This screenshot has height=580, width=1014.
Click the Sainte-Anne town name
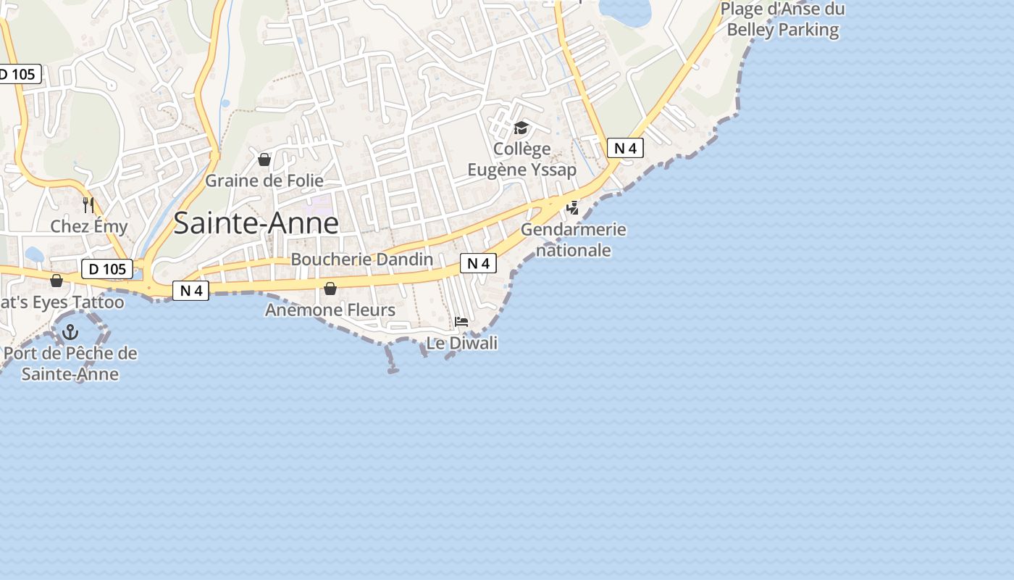(x=256, y=223)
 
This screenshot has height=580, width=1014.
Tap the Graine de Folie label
(x=264, y=181)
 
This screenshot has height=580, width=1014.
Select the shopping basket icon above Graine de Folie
(x=264, y=159)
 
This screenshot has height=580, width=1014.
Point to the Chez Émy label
(x=88, y=226)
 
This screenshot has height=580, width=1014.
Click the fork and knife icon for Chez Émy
(x=88, y=204)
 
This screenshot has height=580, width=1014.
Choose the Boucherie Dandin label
(x=361, y=260)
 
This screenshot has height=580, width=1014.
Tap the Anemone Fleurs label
(x=330, y=310)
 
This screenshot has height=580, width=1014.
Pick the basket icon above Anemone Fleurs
(x=330, y=289)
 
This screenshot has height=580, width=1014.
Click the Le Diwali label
(x=461, y=343)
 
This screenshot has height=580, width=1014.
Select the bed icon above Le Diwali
(x=461, y=322)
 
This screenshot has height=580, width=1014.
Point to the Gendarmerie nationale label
(x=574, y=240)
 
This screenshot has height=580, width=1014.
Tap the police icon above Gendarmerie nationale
(x=573, y=208)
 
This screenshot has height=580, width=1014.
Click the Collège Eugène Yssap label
(x=521, y=159)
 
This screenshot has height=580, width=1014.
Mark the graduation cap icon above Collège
(x=521, y=128)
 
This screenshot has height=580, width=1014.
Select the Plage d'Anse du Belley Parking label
(x=782, y=20)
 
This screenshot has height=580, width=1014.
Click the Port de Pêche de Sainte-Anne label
(x=70, y=364)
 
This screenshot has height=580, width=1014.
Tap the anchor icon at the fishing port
(x=70, y=333)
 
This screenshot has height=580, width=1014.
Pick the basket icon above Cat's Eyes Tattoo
(x=56, y=281)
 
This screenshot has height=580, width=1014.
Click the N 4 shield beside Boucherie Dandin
(x=478, y=264)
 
